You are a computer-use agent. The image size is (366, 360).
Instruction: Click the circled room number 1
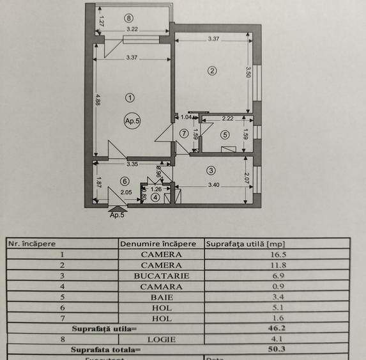130,98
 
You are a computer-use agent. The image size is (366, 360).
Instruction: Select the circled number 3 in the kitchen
211,170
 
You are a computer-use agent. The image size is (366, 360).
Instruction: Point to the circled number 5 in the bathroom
225,134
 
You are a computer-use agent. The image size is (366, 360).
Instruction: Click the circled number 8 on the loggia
130,18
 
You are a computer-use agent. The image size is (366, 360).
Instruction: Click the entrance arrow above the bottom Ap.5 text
117,207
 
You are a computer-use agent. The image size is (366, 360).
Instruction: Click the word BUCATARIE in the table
162,276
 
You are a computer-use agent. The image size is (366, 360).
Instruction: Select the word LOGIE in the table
162,340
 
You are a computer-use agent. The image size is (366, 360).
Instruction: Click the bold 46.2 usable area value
277,329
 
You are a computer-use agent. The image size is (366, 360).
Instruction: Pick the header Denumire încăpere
158,243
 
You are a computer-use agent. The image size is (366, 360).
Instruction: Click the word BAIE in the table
162,297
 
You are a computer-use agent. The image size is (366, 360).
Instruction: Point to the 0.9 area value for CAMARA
277,286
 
